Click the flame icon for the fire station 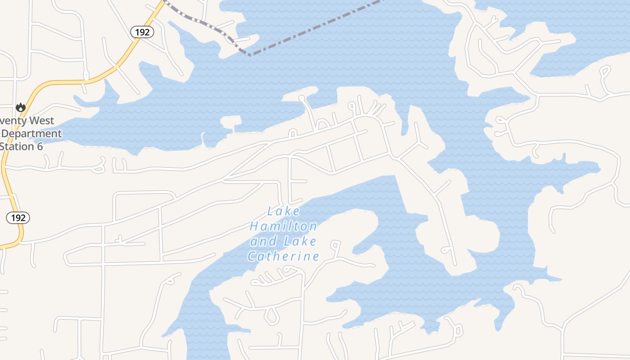[x=20, y=107]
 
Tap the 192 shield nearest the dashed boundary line [x=142, y=31]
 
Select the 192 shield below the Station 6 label [x=18, y=218]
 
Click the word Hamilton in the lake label [x=283, y=226]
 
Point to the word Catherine [x=283, y=256]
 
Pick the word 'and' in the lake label [x=264, y=242]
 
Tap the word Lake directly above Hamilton [x=283, y=211]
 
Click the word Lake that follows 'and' [x=300, y=242]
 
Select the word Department [x=32, y=134]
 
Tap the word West [x=43, y=121]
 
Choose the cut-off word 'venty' [x=13, y=121]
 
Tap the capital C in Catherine [x=252, y=256]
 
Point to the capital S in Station [x=3, y=146]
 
